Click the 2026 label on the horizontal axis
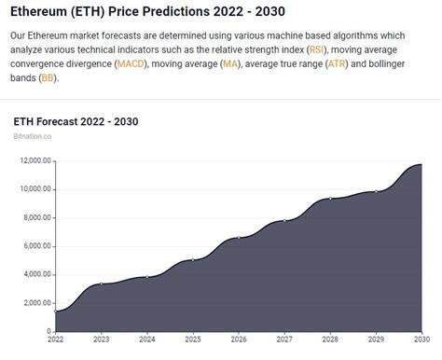(240, 340)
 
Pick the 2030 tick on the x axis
(421, 340)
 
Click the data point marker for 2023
(102, 284)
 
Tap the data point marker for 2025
(193, 260)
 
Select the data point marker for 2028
(330, 199)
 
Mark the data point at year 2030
(421, 164)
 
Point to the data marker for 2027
(284, 221)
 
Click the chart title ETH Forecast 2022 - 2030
(76, 122)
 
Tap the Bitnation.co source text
(33, 136)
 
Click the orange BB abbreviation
(48, 79)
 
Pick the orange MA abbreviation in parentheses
(228, 64)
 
